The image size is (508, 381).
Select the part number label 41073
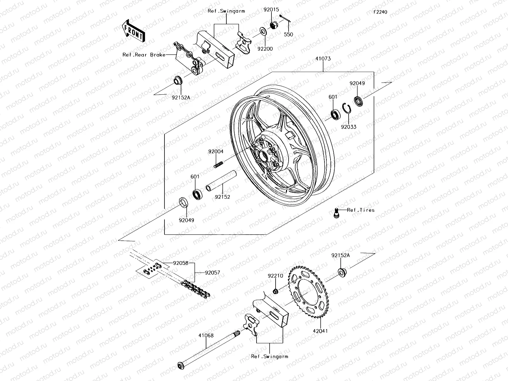click(x=323, y=59)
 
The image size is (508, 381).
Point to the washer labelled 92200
click(x=263, y=31)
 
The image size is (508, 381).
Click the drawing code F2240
click(x=380, y=12)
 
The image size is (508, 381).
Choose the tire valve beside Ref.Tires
click(x=336, y=212)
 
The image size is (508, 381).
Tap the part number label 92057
click(x=212, y=273)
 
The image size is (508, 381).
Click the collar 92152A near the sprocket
click(x=342, y=272)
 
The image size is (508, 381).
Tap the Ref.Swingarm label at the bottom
click(x=270, y=356)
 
